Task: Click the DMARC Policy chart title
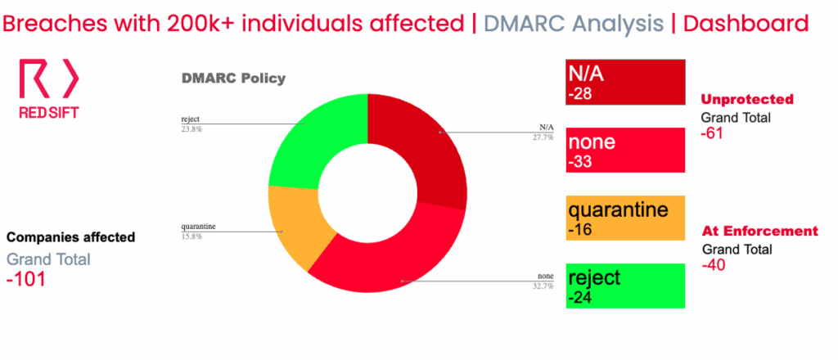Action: coord(233,79)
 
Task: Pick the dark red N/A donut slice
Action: coord(427,144)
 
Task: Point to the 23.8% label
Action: coord(191,128)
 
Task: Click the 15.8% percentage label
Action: coord(191,236)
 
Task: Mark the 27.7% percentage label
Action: coord(543,137)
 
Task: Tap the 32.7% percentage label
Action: coord(543,286)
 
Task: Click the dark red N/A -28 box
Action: coord(625,83)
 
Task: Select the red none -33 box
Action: coord(625,150)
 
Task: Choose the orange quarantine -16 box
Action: coord(625,218)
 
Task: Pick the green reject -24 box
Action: coord(625,286)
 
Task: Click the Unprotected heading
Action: coord(747,99)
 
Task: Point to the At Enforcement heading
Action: coord(759,232)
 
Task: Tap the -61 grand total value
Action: coord(713,133)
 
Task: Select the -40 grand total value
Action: coord(714,265)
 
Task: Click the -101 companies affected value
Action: coord(25,280)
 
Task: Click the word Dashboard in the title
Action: coord(746,24)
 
